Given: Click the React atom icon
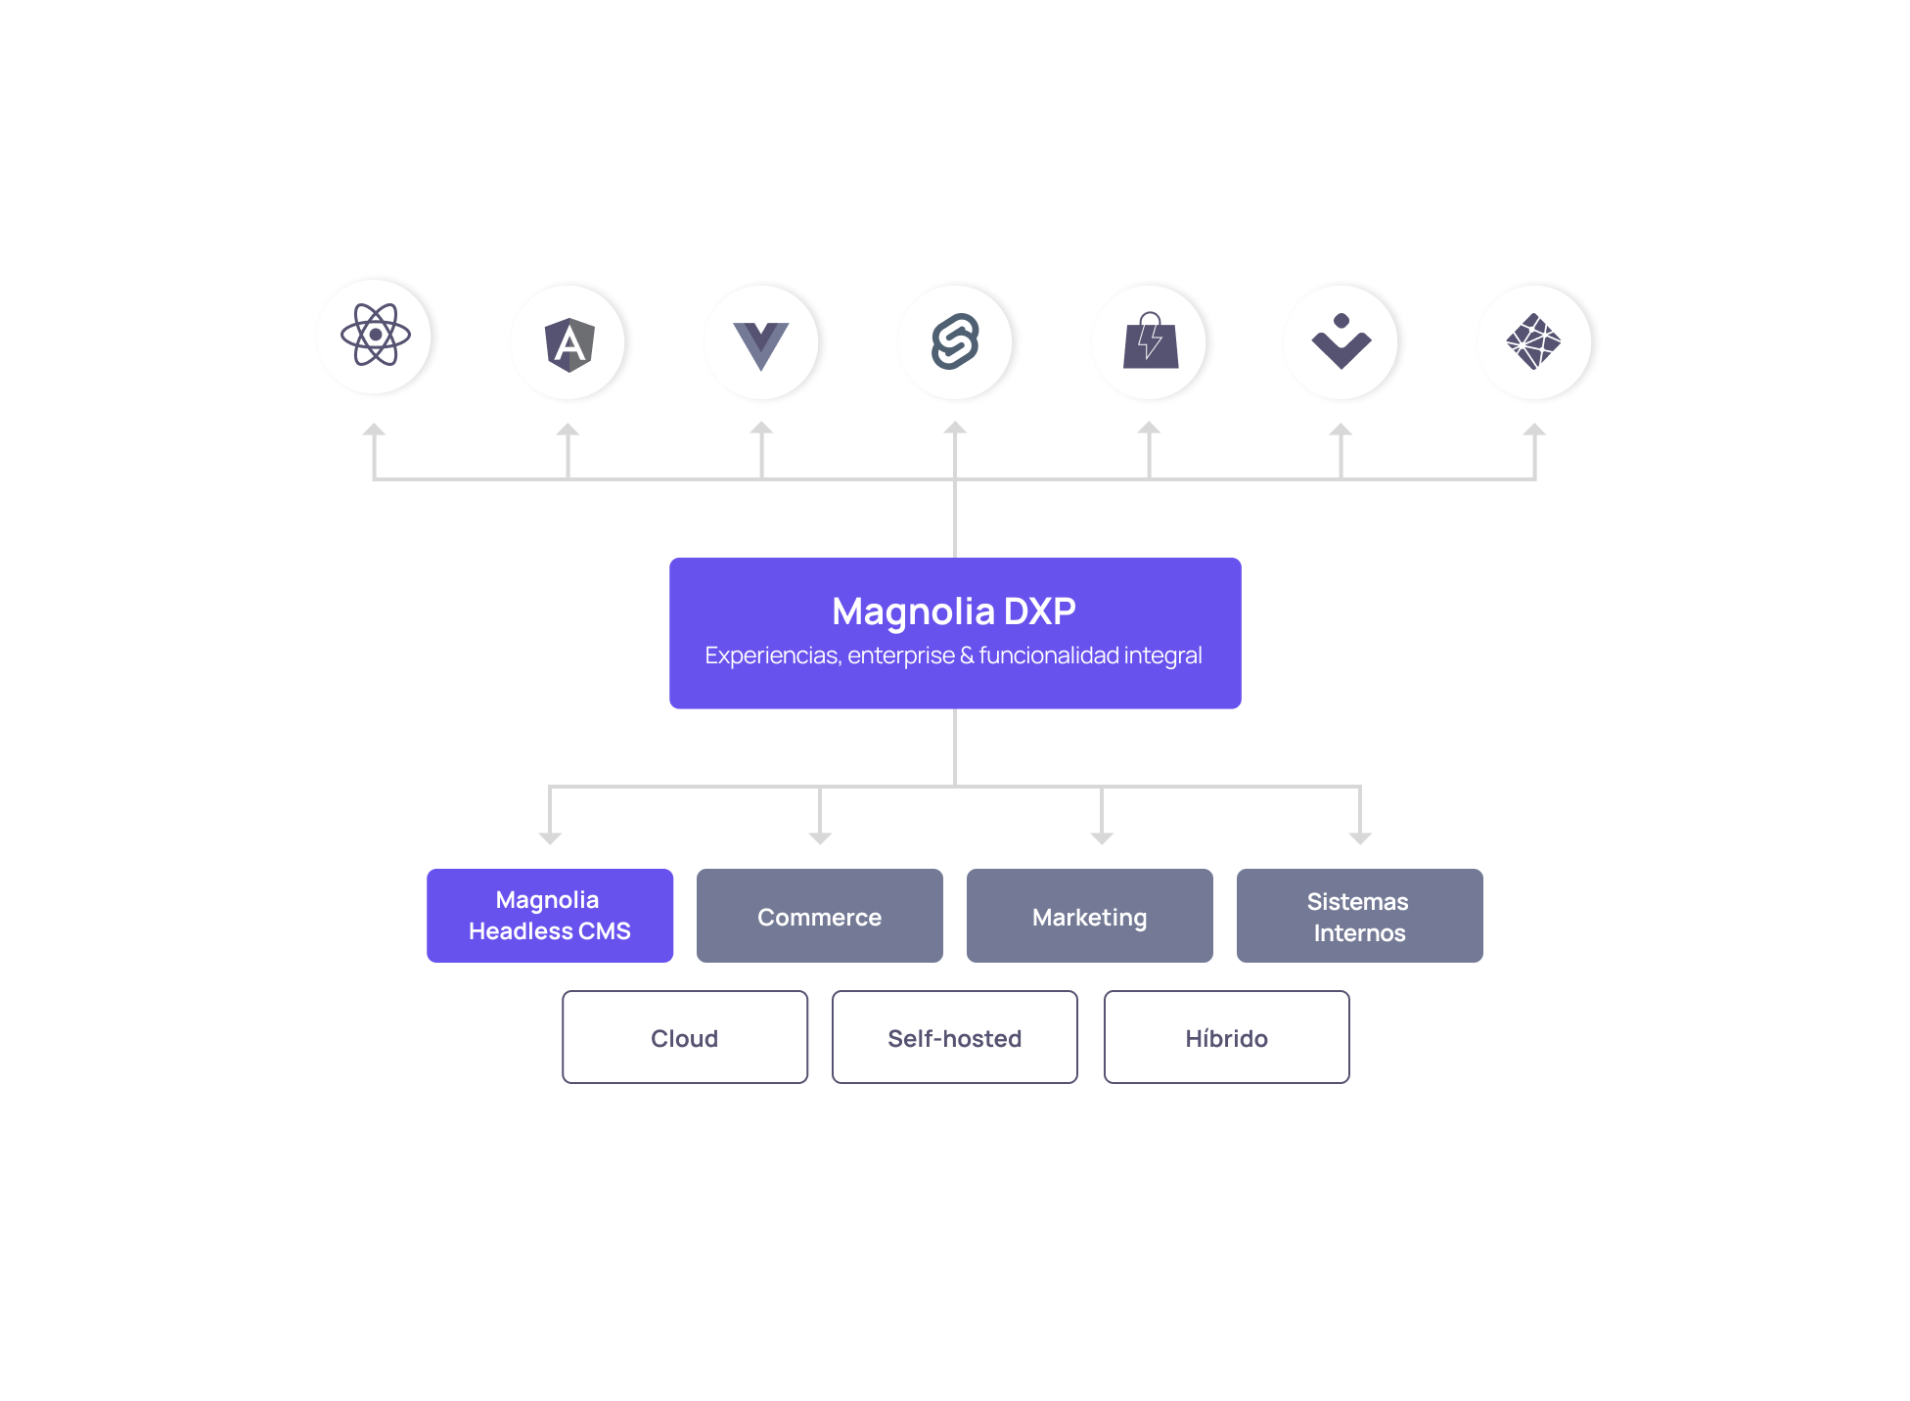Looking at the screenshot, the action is (375, 335).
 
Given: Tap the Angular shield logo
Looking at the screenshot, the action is (569, 344).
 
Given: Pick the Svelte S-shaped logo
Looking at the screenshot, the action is (955, 341).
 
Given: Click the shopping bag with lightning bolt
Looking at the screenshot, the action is (1151, 340).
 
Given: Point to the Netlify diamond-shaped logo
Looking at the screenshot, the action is (1533, 341).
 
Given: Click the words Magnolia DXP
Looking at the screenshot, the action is (954, 611).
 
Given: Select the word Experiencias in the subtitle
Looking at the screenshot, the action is (772, 655).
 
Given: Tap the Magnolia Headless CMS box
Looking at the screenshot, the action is (550, 916).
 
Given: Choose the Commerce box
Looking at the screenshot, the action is (820, 916).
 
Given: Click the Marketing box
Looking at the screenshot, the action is (1090, 916).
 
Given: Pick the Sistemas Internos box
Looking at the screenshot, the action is (1360, 916).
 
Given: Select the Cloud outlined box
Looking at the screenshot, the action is (685, 1037).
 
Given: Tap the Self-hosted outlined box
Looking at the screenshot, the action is (955, 1037).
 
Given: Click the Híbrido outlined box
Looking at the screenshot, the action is (1227, 1037).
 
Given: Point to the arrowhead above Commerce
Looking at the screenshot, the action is (820, 838).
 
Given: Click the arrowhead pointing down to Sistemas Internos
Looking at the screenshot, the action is (1360, 838).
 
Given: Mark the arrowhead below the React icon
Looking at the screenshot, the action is (374, 429).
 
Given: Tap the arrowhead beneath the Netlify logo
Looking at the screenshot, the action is (1534, 429).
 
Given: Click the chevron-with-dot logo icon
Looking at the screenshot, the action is (1342, 341).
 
